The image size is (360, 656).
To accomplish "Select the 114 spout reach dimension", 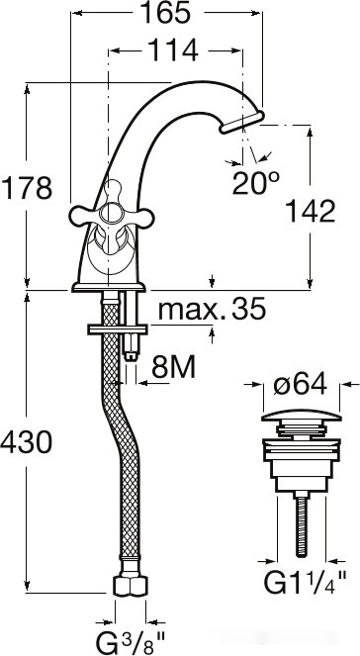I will pos(173,48).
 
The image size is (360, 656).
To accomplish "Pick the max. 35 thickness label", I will pos(213,311).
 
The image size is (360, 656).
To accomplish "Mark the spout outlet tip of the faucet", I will pos(243,123).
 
